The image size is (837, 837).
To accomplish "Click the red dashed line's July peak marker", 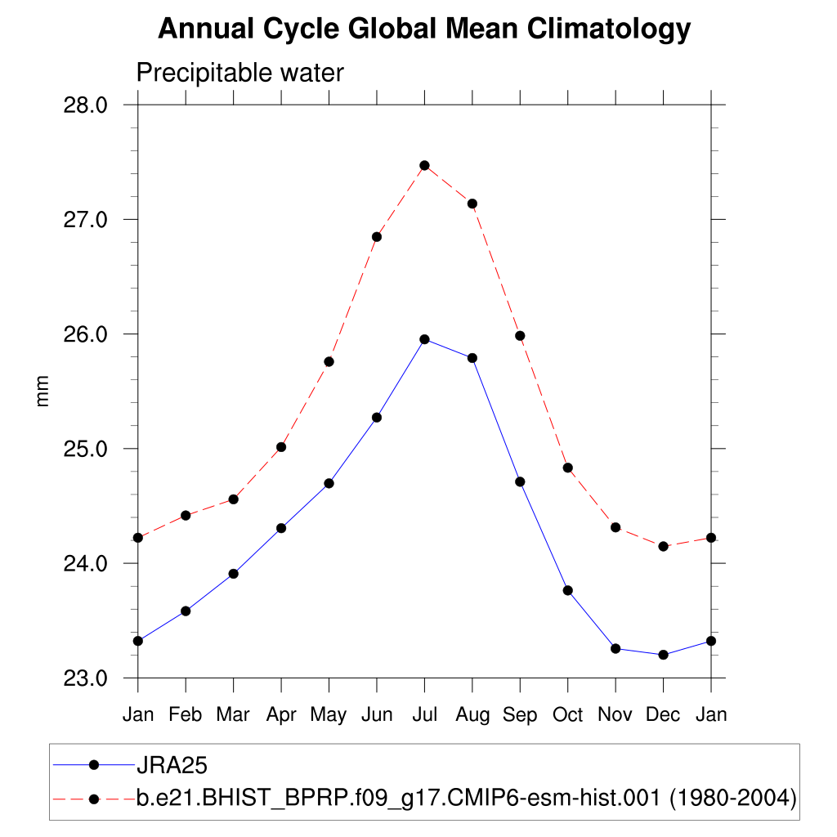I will (424, 165).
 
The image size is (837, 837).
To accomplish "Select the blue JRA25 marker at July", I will (424, 339).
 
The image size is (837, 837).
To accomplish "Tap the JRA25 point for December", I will (663, 655).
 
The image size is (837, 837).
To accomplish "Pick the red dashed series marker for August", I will (472, 204).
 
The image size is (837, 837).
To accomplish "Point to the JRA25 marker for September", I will (520, 481).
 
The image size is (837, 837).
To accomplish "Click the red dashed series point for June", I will (377, 237).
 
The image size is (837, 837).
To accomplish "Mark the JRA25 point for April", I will (281, 528).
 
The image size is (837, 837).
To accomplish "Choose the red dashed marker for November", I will (615, 527).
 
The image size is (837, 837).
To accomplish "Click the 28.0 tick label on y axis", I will (85, 105).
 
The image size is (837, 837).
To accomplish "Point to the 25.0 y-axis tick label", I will (85, 449).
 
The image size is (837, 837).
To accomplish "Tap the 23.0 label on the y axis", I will (85, 678).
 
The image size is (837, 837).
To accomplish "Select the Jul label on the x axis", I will (424, 714).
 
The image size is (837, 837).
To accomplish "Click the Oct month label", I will (567, 714).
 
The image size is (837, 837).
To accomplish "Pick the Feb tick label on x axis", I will (186, 714).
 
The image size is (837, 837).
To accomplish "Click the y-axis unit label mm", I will (43, 391).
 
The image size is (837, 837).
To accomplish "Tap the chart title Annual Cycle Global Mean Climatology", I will (424, 29).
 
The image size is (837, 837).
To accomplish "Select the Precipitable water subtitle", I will (239, 73).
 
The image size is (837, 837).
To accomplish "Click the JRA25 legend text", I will (172, 765).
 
